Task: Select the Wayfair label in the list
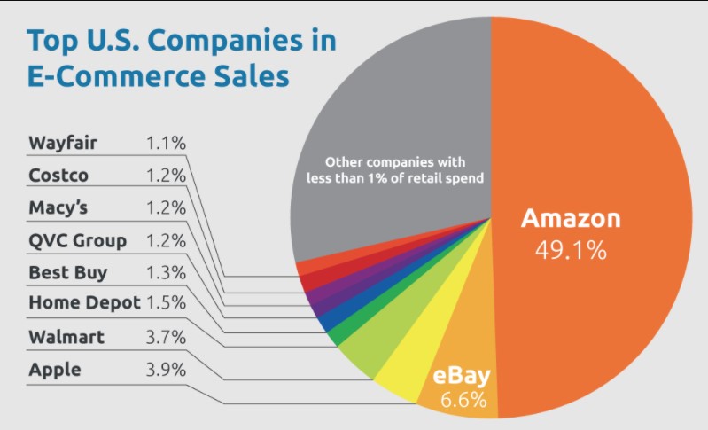pos(61,143)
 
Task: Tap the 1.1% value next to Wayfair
pos(166,143)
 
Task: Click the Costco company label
pos(58,176)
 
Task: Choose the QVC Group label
pos(77,240)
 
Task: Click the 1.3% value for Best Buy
pos(166,272)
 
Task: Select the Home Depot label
pos(84,303)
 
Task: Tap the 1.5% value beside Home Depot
pos(166,303)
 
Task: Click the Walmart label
pos(66,337)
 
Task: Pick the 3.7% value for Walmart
pos(166,337)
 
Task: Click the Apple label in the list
pos(54,370)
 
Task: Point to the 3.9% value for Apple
pos(166,370)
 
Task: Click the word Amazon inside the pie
pos(571,219)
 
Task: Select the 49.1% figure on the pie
pos(571,250)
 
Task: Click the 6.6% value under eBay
pos(464,400)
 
